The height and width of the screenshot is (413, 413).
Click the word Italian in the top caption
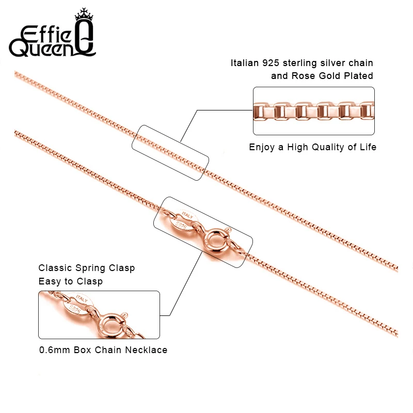[246, 63]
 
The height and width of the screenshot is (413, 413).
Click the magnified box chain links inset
[313, 111]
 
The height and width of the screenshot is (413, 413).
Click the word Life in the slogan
[367, 147]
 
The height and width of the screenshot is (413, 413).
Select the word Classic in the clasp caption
[56, 268]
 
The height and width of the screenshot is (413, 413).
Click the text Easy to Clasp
[70, 281]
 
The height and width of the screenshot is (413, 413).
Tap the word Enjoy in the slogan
[263, 147]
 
